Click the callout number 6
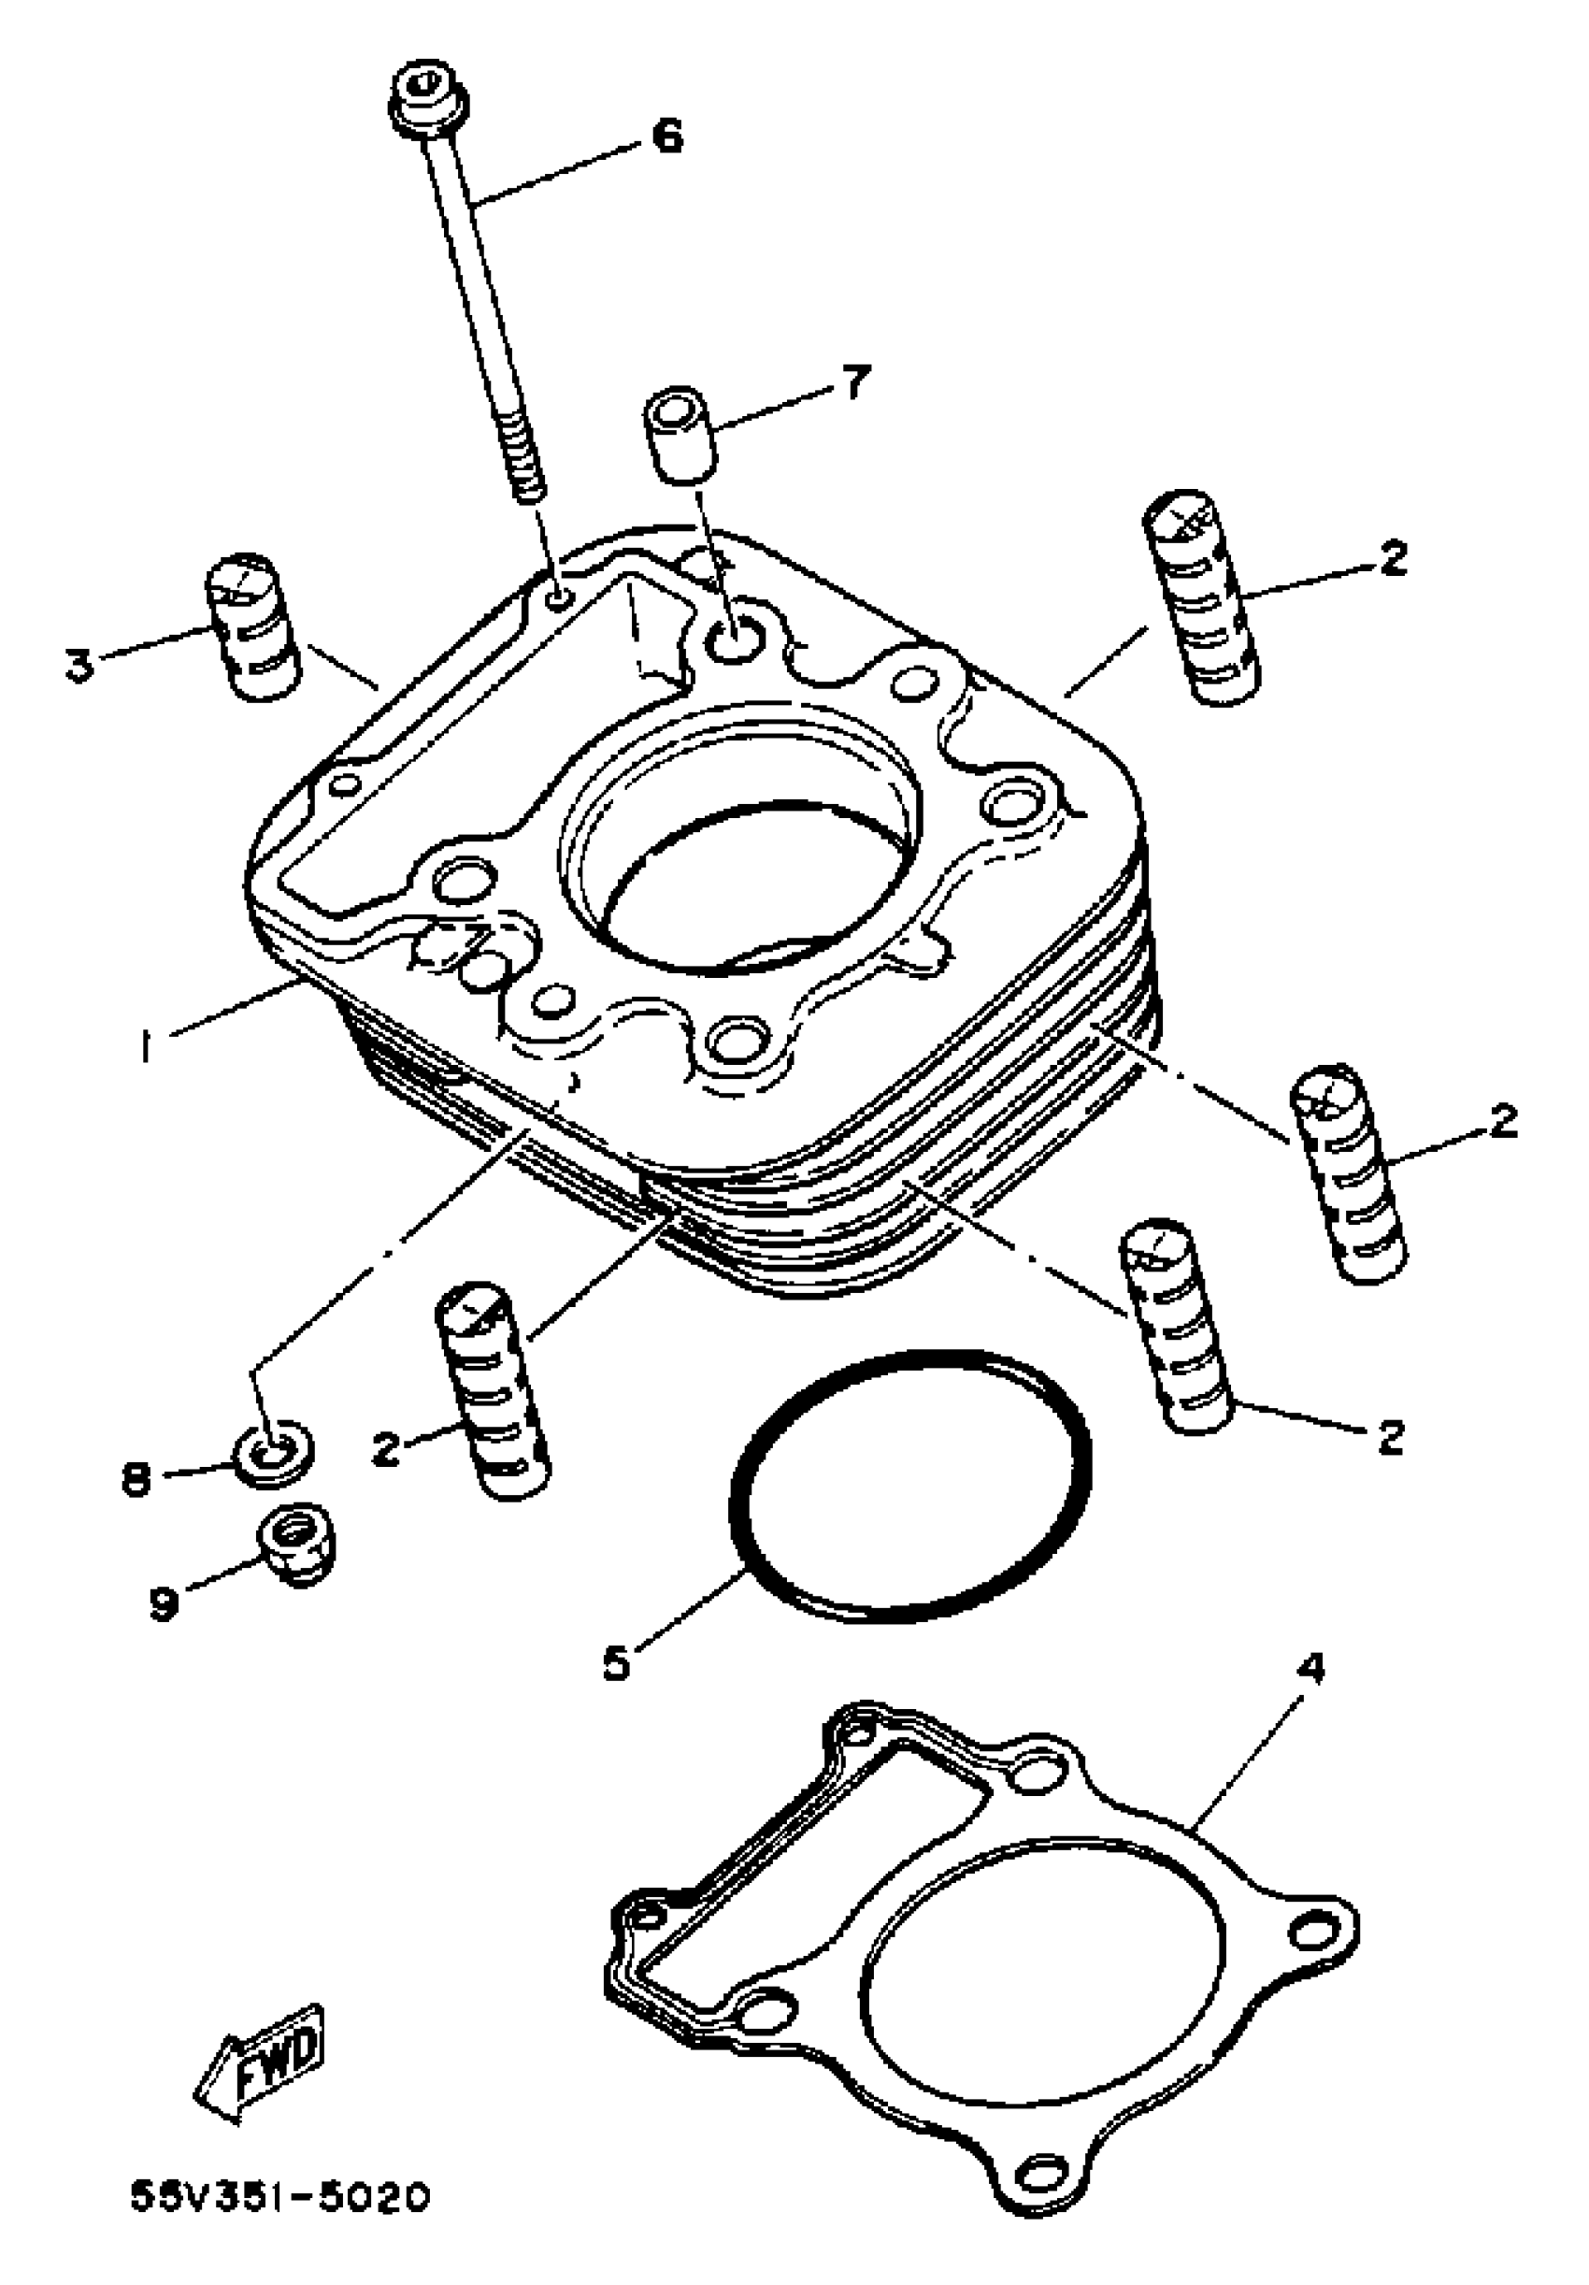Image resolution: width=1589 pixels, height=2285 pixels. [x=667, y=135]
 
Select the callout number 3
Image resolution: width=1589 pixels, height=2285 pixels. [x=79, y=664]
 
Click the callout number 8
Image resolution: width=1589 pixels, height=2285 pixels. [x=136, y=1478]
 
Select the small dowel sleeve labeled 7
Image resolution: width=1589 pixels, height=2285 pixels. [x=680, y=435]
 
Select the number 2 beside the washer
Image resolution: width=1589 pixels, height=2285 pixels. [x=385, y=1449]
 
